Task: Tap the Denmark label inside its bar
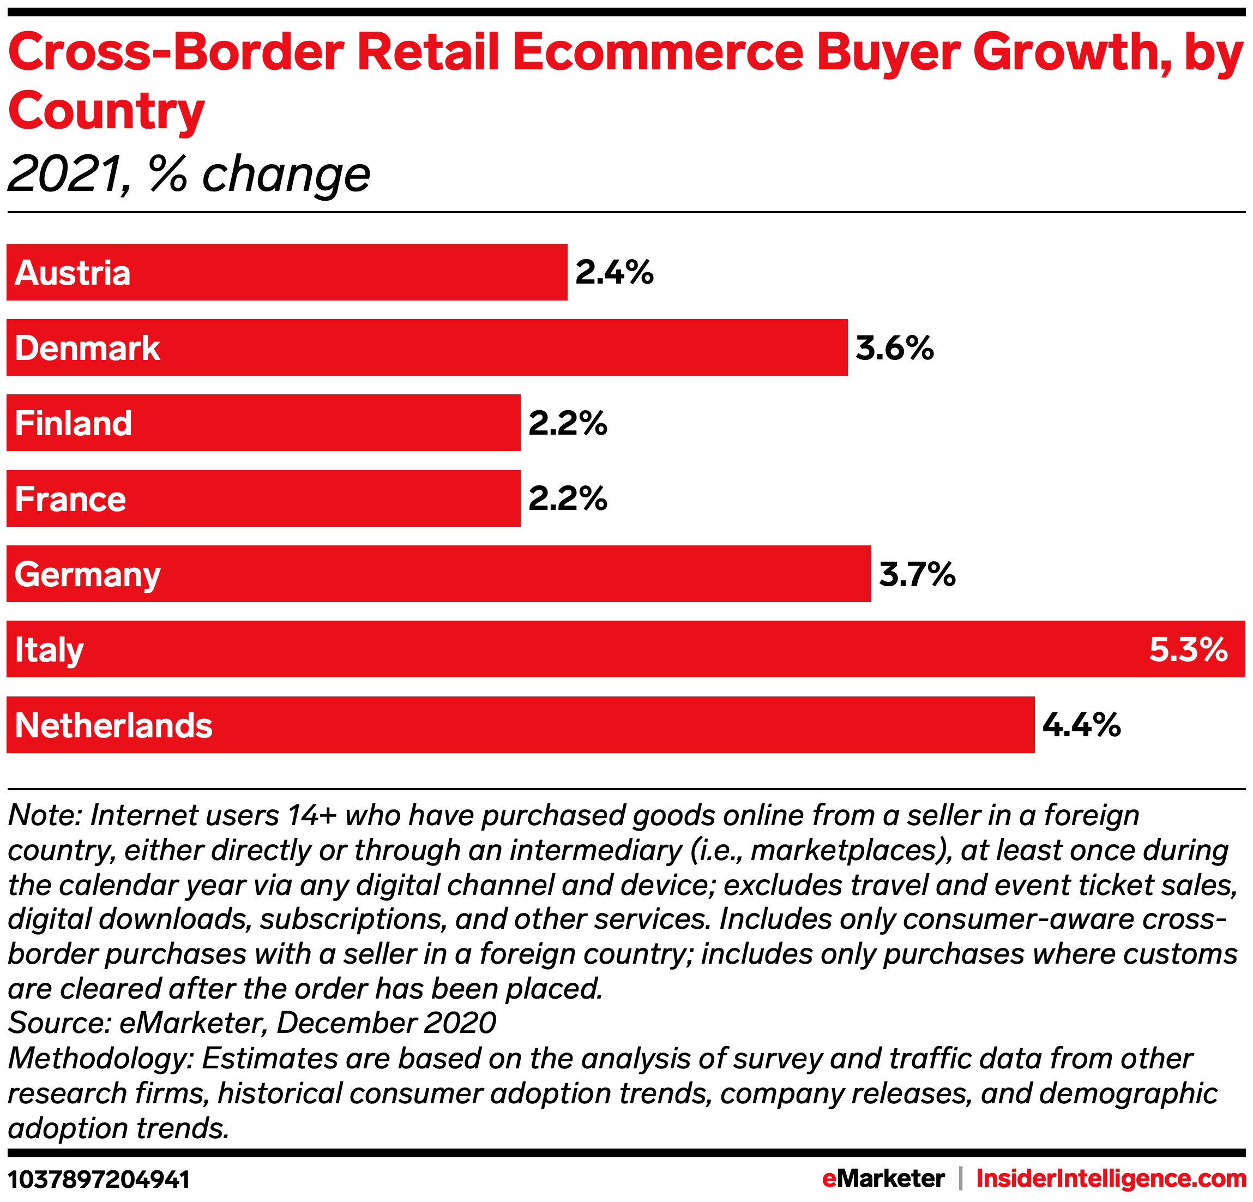point(87,348)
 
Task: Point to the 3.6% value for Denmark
point(894,348)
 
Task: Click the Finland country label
point(73,423)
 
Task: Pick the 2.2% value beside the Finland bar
point(567,423)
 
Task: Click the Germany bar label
point(87,575)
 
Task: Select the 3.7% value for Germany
point(917,574)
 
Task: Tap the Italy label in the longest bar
point(49,650)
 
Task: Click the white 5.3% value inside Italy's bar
point(1188,650)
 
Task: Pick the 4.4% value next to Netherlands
point(1081,725)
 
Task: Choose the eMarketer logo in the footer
point(883,1179)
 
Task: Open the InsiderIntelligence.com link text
point(1111,1179)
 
